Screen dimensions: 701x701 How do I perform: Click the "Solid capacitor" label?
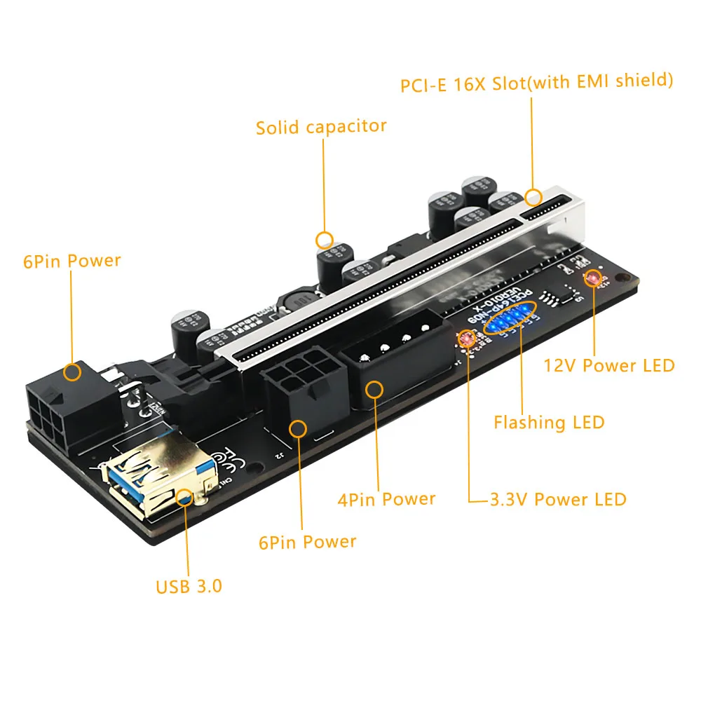click(x=321, y=127)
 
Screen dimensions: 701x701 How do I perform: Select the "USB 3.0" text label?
click(x=189, y=585)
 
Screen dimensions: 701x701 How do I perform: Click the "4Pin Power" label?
click(x=386, y=499)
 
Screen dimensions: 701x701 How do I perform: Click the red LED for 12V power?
click(x=593, y=279)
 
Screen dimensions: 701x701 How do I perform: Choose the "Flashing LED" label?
click(x=548, y=422)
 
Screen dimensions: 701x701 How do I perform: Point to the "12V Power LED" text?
click(x=609, y=365)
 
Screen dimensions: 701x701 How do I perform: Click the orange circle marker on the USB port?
click(x=185, y=497)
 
